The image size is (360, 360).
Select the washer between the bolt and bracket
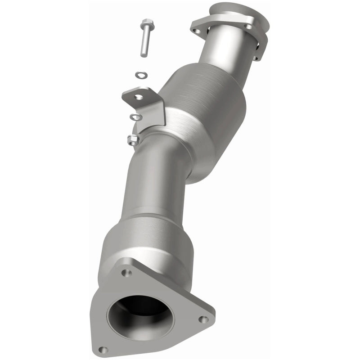coord(141,74)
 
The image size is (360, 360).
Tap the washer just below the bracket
coord(135,117)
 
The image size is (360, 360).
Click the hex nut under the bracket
coord(133,140)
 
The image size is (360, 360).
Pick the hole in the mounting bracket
coord(139,96)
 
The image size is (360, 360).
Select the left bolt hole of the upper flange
coord(196,31)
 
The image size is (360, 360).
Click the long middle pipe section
coord(155,180)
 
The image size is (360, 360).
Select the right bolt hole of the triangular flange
coord(203,319)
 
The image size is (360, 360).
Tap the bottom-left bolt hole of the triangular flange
coord(103,349)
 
